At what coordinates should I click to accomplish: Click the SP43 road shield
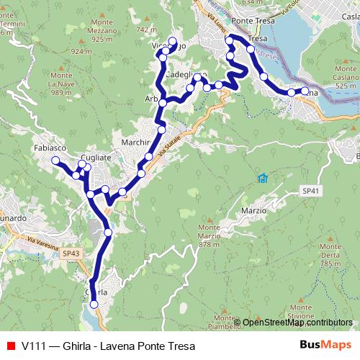tap(71, 253)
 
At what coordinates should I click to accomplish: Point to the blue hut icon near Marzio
tap(263, 178)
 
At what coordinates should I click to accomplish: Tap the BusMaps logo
tap(322, 346)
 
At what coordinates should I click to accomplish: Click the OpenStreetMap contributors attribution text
tap(297, 323)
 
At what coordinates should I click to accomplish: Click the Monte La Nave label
tap(62, 83)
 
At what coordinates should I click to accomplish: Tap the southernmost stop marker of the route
tap(94, 305)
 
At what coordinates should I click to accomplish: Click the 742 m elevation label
tap(145, 30)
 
